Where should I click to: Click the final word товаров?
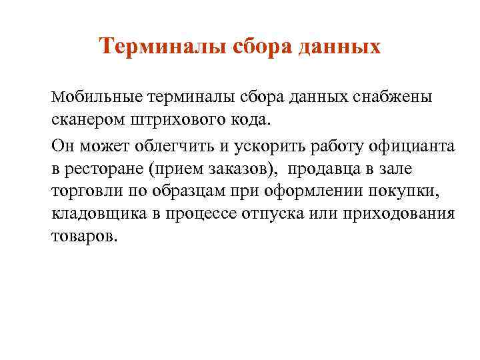tap(84, 237)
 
